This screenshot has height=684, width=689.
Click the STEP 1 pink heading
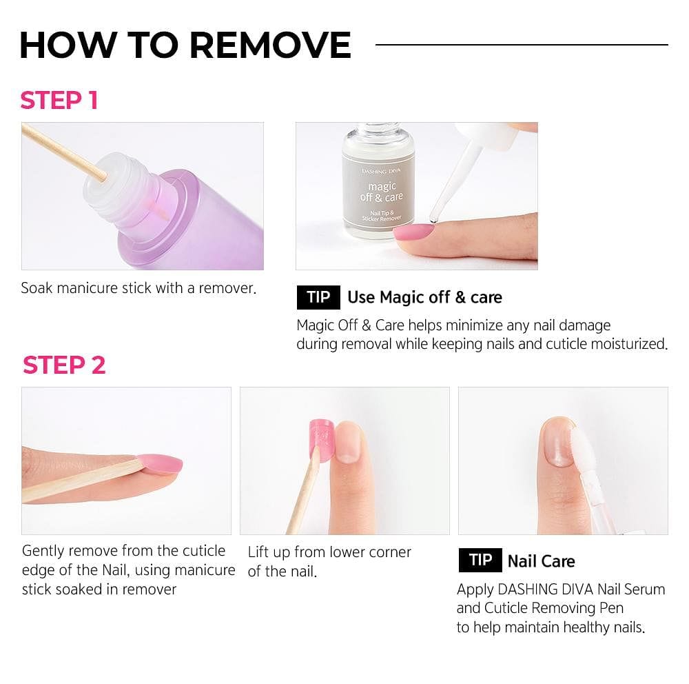59,101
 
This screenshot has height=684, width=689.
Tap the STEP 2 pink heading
64,365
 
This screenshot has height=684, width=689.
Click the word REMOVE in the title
270,45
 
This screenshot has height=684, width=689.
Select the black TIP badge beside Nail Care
480,561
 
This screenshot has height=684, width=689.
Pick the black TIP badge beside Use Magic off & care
318,297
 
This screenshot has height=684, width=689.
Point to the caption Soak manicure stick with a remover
138,288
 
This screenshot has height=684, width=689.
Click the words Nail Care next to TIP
541,561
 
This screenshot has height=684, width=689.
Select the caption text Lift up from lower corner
329,552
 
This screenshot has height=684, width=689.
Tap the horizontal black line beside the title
522,45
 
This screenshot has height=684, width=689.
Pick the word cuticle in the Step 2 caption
204,550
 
